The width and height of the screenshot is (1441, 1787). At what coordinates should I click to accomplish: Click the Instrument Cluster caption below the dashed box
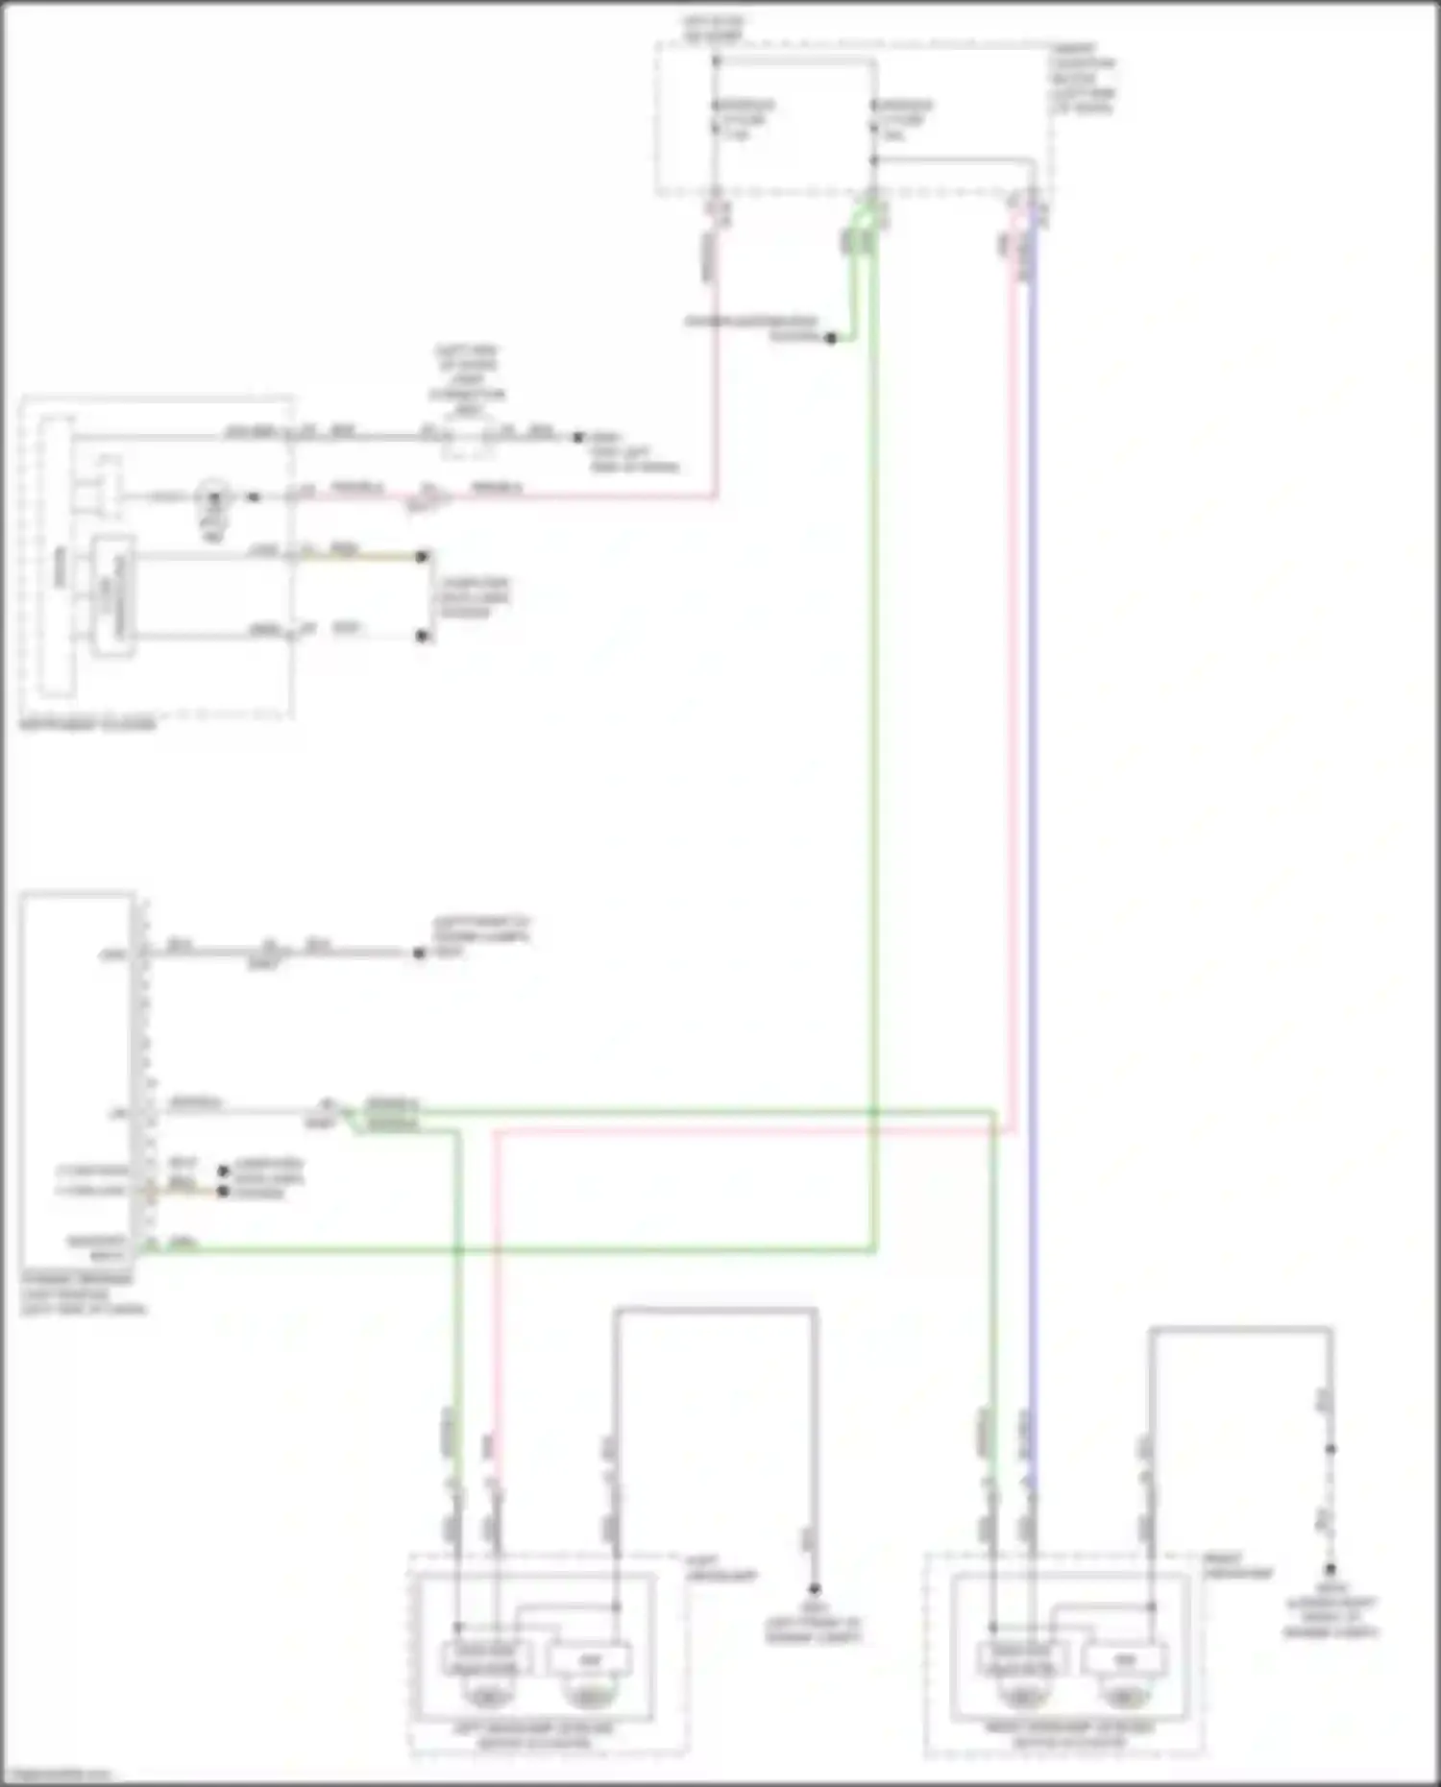(x=87, y=725)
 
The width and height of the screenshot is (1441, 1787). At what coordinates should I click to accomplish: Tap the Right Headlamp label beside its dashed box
(x=1237, y=1566)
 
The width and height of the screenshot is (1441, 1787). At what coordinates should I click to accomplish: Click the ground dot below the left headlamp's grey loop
(x=814, y=1589)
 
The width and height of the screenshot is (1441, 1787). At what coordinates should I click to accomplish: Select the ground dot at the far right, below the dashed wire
(x=1331, y=1570)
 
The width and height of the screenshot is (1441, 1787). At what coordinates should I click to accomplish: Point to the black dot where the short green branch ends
(x=831, y=338)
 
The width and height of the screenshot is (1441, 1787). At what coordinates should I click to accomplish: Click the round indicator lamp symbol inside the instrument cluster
(x=213, y=497)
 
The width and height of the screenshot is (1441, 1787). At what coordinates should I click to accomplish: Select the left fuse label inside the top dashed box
(x=745, y=120)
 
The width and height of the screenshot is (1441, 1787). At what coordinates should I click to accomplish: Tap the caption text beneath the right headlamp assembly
(x=1069, y=1733)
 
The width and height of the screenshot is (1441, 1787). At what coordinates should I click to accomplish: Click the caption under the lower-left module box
(x=81, y=1293)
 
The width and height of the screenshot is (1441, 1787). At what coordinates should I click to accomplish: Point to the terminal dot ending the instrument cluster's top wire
(x=577, y=437)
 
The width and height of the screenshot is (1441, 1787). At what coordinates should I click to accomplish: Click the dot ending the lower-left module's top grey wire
(x=419, y=954)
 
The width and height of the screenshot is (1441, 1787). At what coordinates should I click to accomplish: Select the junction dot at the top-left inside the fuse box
(x=716, y=60)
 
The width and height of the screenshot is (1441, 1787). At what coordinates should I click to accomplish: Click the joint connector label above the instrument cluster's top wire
(x=467, y=379)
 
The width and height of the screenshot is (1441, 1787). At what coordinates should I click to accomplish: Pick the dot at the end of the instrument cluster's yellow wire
(x=422, y=556)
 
